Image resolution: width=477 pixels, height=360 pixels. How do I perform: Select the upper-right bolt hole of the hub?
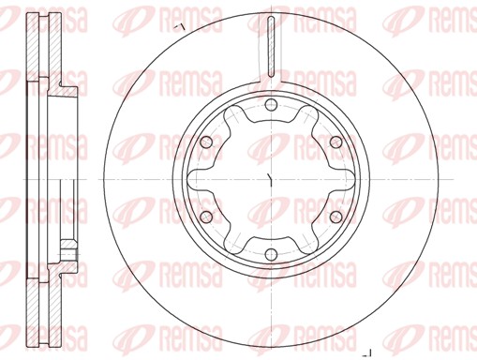pos(334,141)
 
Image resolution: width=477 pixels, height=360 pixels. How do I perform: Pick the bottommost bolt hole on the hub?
pos(268,255)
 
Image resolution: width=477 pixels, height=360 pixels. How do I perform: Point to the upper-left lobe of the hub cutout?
pos(231,115)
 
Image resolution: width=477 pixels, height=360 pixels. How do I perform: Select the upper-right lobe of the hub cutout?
pos(305,115)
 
